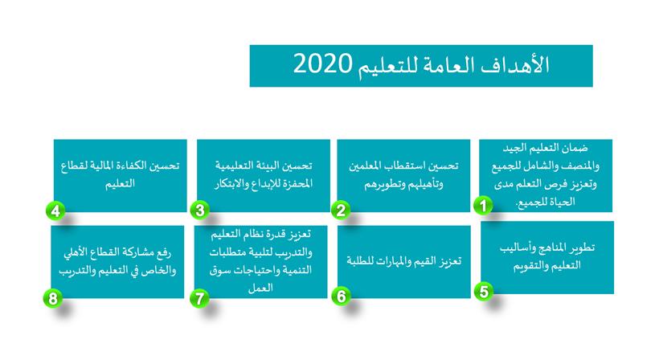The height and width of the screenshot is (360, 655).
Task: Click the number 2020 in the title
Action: (x=322, y=64)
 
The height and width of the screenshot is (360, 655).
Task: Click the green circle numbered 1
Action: (x=483, y=206)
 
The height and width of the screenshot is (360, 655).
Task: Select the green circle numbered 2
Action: (x=341, y=210)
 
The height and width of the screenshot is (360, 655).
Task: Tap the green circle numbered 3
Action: (x=199, y=210)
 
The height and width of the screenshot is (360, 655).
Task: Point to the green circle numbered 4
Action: (x=55, y=211)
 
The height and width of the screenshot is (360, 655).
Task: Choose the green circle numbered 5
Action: (x=484, y=291)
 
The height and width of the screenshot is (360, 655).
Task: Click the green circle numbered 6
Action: (x=341, y=296)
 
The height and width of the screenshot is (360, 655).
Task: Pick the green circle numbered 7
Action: (x=199, y=298)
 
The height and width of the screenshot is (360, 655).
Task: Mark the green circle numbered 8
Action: (x=52, y=299)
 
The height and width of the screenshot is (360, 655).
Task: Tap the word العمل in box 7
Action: (x=260, y=288)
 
